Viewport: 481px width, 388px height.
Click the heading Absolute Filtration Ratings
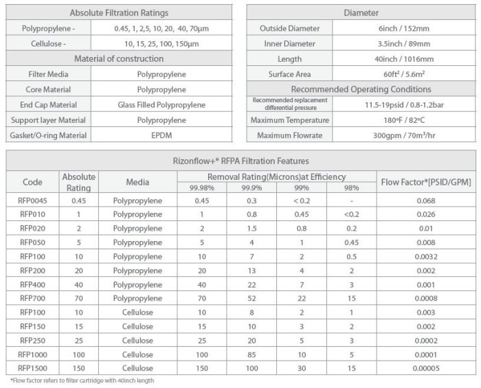pos(119,13)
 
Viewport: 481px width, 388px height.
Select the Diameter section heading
pos(361,13)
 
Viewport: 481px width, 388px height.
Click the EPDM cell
pos(161,135)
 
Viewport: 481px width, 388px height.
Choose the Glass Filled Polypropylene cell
pos(161,105)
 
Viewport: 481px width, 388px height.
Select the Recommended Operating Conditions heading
pos(361,89)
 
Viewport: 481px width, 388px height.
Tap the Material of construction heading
pos(119,59)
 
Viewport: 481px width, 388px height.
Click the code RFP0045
pos(32,201)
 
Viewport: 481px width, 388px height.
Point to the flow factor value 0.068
pos(425,201)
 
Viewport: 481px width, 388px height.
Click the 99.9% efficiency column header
pos(252,187)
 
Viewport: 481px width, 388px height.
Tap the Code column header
pos(32,182)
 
